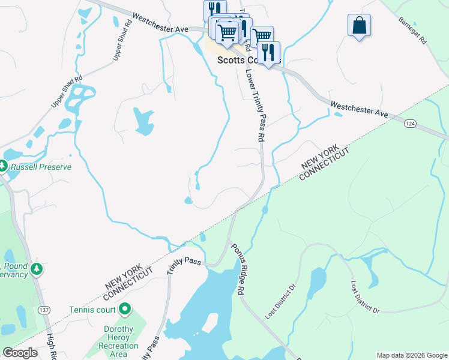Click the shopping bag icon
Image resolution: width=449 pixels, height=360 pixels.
(359, 26)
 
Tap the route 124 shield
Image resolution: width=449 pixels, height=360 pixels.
(410, 123)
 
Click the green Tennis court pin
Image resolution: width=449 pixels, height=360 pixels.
(125, 310)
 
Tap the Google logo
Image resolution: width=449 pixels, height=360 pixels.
(20, 353)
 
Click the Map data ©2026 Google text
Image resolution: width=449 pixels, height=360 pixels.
(412, 355)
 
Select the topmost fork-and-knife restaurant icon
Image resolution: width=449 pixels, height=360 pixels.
(214, 10)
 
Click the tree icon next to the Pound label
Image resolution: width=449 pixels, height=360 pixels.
(37, 268)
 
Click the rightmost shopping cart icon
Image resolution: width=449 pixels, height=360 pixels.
(262, 36)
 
